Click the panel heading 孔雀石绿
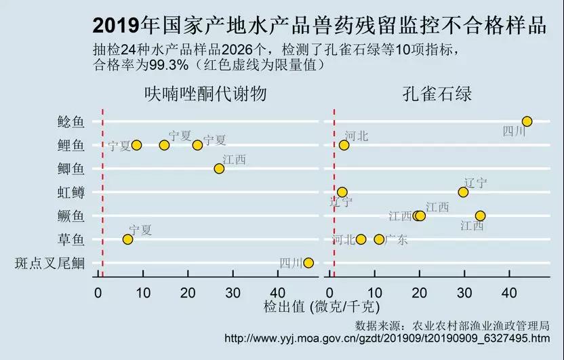click(437, 94)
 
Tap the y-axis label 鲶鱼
click(71, 122)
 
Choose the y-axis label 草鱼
click(71, 239)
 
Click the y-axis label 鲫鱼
click(71, 169)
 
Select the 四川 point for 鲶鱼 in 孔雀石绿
click(527, 121)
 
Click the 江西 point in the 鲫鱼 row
click(219, 168)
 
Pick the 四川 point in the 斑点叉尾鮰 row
click(308, 263)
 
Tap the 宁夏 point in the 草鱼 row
click(127, 239)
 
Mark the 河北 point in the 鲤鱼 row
click(344, 145)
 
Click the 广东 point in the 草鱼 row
click(379, 239)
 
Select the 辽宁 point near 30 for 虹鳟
click(463, 192)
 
